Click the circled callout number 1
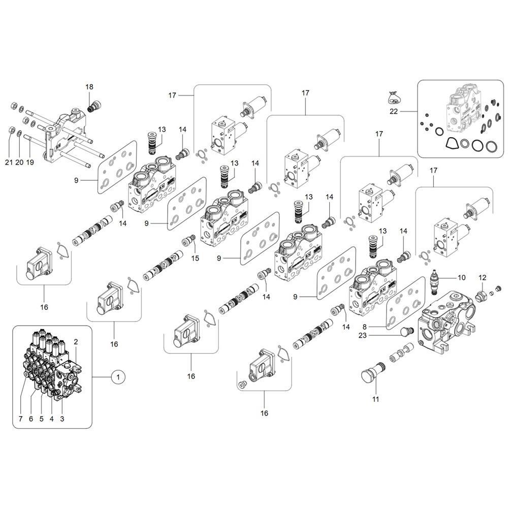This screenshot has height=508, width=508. coord(118,377)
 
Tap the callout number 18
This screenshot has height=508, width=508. coord(89,87)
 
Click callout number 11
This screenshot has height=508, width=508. coord(375,399)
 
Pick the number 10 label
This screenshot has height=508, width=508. coord(461,278)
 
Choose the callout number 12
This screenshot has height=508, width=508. coord(483,278)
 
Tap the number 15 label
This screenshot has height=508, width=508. coord(195,259)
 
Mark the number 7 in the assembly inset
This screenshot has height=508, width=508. coord(20,419)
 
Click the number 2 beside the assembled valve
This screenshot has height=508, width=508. coord(76,341)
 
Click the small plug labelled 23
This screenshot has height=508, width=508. coord(405,333)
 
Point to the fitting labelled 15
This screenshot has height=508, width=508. coord(192,238)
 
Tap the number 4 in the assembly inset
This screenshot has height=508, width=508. coord(51,419)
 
